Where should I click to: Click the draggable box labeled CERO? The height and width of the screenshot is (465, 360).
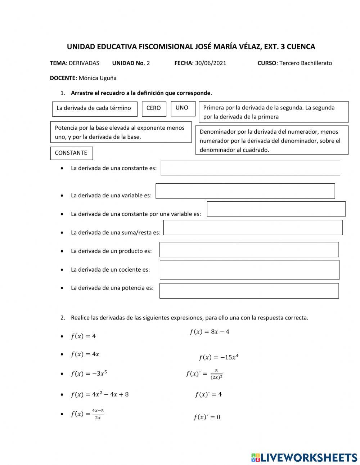[x=154, y=109]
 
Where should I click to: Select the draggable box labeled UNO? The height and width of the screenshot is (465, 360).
[x=183, y=108]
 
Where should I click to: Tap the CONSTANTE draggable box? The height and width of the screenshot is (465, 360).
[x=71, y=153]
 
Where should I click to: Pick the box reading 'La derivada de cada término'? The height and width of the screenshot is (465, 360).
[x=94, y=109]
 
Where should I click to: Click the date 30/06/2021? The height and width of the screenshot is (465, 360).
[x=211, y=63]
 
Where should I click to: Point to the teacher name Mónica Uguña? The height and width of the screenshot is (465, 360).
[x=97, y=78]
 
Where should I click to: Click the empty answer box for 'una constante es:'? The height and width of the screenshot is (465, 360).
[x=250, y=168]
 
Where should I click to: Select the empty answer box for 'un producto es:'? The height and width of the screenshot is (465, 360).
[x=249, y=250]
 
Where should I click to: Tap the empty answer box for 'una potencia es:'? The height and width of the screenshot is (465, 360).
[x=249, y=291]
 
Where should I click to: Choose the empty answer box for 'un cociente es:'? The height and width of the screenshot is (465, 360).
[x=249, y=270]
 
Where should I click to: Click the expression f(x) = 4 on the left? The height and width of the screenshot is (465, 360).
[x=83, y=336]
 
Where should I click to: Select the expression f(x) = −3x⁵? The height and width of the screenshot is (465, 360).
[x=89, y=374]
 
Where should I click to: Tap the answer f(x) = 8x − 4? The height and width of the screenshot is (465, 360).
[x=210, y=332]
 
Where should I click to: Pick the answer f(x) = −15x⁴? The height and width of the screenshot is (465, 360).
[x=219, y=357]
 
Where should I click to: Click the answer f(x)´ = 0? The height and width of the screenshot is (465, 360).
[x=207, y=417]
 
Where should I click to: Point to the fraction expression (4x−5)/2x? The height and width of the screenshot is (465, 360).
[x=87, y=414]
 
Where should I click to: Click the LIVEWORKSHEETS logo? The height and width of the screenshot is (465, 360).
[x=304, y=457]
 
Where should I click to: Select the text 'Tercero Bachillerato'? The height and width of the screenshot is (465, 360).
[x=306, y=63]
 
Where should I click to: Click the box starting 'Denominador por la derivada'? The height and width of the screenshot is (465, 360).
[x=272, y=140]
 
